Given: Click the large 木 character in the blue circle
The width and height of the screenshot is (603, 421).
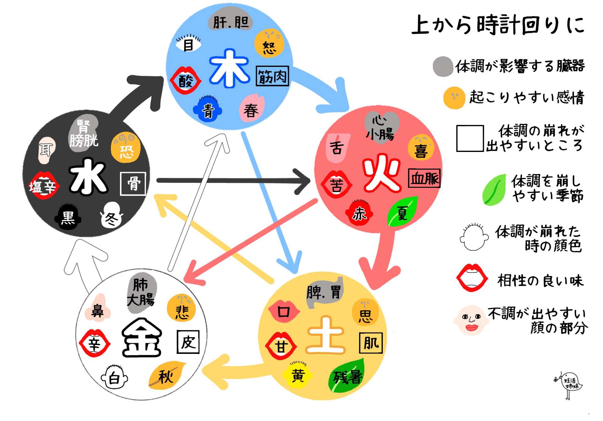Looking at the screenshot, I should coord(230,69).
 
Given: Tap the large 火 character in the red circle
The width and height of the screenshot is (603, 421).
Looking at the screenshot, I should coord(381,173).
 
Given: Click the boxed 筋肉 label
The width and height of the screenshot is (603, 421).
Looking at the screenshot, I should coord(272,76).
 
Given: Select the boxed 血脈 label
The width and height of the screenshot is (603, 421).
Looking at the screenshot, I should coord(424,179).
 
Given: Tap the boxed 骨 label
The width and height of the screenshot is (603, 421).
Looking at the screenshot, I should coord(133,184).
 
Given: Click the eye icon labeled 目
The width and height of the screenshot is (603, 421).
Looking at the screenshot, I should coord(188,44).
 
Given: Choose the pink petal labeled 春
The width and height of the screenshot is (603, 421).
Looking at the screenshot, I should coord(252,109).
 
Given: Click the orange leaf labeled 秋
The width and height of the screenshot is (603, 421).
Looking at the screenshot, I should coord(166,375).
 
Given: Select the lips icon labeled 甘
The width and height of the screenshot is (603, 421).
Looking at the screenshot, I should coord(281,346).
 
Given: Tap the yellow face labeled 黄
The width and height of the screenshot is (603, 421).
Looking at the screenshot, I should coord(297,375).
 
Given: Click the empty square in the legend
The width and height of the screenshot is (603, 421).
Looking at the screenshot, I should coord(470,138).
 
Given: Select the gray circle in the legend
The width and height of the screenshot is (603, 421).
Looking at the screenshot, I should coord(443,66).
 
